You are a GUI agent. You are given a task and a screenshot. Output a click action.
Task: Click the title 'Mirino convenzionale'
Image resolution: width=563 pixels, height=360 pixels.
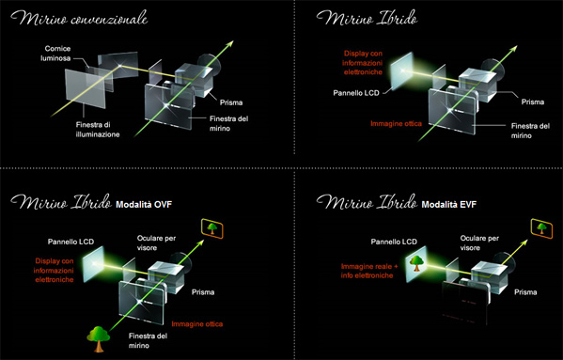[x=79, y=18]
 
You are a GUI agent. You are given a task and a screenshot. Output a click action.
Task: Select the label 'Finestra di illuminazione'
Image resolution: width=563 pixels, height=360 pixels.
[x=98, y=130]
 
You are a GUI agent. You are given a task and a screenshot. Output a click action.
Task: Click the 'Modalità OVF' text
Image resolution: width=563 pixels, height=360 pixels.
[x=144, y=205]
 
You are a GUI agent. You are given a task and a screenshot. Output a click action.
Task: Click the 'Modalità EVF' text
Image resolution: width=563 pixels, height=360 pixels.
[x=449, y=205]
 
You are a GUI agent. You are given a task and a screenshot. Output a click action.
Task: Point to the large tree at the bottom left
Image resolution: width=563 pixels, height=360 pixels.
[x=99, y=338]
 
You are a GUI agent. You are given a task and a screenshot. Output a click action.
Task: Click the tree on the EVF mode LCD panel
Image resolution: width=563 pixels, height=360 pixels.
[x=416, y=262]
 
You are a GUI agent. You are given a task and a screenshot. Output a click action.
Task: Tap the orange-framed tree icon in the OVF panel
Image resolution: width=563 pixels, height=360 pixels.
[x=212, y=228]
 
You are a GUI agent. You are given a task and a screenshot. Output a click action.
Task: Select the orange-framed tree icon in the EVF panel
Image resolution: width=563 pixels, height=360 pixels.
[x=541, y=227]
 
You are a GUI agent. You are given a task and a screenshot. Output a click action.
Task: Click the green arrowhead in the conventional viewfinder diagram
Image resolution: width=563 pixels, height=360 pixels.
[x=229, y=44]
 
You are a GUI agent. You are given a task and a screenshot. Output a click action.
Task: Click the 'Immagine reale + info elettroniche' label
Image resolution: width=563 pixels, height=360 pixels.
[x=369, y=271]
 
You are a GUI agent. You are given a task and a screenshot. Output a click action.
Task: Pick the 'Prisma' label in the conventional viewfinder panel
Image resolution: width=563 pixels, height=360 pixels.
[x=231, y=102]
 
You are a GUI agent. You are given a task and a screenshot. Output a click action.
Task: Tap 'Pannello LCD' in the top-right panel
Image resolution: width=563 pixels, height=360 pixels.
[x=356, y=93]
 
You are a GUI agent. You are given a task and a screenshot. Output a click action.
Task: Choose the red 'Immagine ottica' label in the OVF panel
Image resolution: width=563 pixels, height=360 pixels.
[x=197, y=324]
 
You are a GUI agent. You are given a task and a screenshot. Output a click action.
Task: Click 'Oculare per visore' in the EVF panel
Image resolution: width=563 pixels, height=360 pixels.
[x=479, y=243]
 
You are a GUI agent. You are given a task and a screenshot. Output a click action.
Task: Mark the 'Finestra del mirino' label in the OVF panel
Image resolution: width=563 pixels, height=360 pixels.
[x=148, y=340]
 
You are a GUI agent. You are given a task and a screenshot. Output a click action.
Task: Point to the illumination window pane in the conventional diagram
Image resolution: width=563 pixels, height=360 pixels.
[x=86, y=88]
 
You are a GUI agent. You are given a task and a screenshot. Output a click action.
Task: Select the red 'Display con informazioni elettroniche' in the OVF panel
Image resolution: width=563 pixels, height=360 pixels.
[x=55, y=271]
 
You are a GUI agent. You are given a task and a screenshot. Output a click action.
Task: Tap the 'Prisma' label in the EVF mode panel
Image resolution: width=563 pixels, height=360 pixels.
[x=525, y=292]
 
